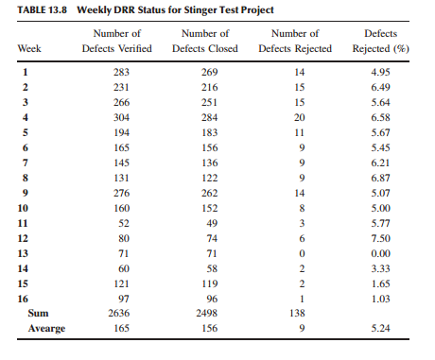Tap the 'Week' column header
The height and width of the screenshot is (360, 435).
point(31,47)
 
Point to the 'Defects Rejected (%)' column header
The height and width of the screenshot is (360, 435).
point(383,41)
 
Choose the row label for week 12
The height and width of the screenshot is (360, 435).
point(26,239)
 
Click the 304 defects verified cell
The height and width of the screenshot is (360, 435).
point(116,117)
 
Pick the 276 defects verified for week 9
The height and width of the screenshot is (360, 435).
point(116,194)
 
